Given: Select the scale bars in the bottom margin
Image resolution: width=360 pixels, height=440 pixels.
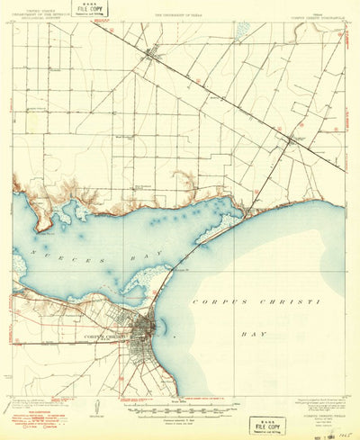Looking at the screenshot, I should click(x=180, y=404).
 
